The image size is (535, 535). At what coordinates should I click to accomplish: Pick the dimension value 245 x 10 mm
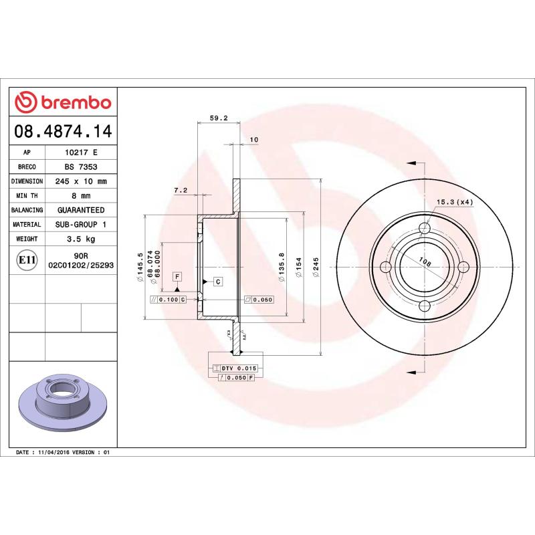coord(81,181)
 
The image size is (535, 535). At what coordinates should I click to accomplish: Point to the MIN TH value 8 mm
coord(81,196)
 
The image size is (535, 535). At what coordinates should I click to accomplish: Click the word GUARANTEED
coord(81,210)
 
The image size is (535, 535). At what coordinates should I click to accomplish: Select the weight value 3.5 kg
coord(81,239)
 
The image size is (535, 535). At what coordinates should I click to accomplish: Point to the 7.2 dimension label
coord(180,191)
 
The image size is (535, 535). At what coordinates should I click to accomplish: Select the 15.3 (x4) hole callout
coord(455,202)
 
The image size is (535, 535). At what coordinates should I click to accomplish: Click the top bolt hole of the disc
coord(424,229)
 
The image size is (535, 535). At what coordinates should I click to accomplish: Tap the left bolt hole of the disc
coord(385,267)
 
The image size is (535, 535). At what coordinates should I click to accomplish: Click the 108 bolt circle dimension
coord(424,261)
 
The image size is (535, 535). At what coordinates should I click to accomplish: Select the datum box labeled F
coord(177,276)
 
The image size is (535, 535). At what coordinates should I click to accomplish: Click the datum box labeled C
coord(217,282)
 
